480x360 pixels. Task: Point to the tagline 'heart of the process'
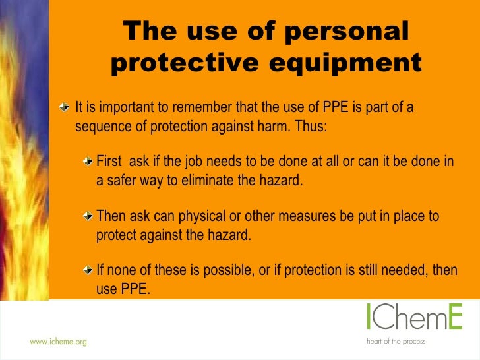pyautogui.click(x=396, y=342)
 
